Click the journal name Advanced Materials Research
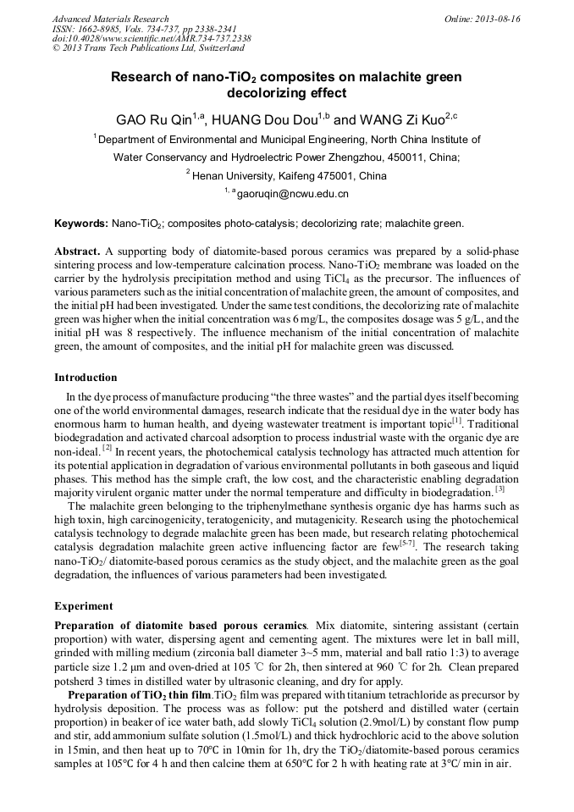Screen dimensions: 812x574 pos(110,19)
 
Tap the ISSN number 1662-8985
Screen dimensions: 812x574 pos(101,29)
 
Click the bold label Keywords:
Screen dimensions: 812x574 pos(80,224)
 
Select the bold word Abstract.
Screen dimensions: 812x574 pos(79,253)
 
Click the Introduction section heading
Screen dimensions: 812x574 pos(86,378)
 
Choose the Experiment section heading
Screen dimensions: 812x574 pos(83,606)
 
